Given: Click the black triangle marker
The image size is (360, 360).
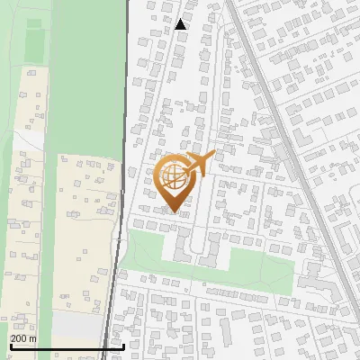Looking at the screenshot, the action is (x=182, y=24).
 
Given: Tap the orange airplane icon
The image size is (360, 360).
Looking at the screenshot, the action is (x=200, y=165).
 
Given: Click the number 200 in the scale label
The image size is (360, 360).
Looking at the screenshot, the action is (x=20, y=338).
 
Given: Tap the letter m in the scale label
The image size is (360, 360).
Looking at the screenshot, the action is (x=34, y=338).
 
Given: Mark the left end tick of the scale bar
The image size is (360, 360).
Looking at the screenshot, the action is (x=11, y=345).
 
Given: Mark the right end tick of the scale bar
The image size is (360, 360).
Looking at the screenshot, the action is (x=123, y=345).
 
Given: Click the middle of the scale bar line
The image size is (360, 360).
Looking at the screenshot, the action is (x=67, y=346).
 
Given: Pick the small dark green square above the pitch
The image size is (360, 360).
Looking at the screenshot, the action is (x=33, y=22).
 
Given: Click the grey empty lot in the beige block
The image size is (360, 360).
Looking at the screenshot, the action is (x=76, y=323).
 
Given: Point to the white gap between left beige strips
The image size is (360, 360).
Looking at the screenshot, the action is (x=27, y=141).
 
